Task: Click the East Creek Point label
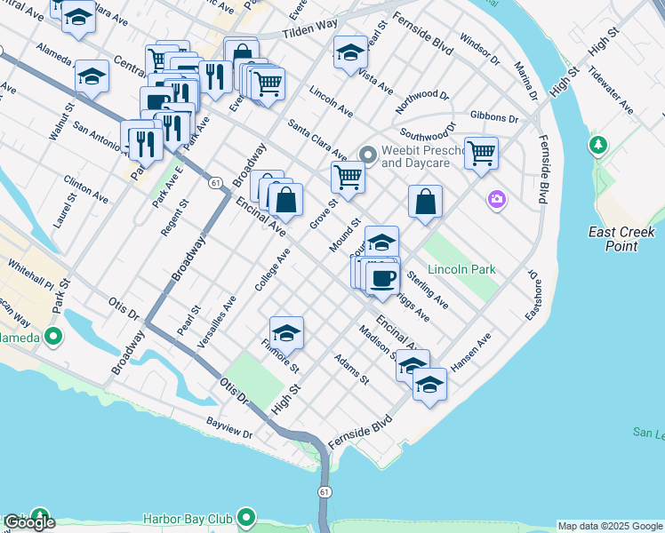pyautogui.click(x=622, y=238)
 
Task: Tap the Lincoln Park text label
pyautogui.click(x=461, y=269)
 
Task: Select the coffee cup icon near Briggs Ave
pyautogui.click(x=382, y=279)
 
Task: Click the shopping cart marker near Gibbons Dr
pyautogui.click(x=481, y=153)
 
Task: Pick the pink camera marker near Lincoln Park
pyautogui.click(x=496, y=201)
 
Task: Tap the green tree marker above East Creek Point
pyautogui.click(x=598, y=144)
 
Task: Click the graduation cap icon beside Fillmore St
pyautogui.click(x=286, y=334)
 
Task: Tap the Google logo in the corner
pyautogui.click(x=29, y=522)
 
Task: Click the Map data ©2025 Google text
pyautogui.click(x=610, y=526)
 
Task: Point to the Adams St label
pyautogui.click(x=351, y=369)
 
